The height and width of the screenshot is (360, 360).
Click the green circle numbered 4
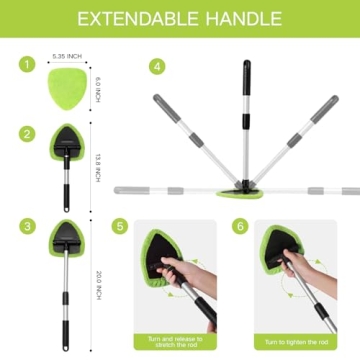tap(156, 66)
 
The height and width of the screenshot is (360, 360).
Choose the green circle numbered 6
tap(241, 227)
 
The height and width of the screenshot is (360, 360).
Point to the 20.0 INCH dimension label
tap(97, 281)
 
